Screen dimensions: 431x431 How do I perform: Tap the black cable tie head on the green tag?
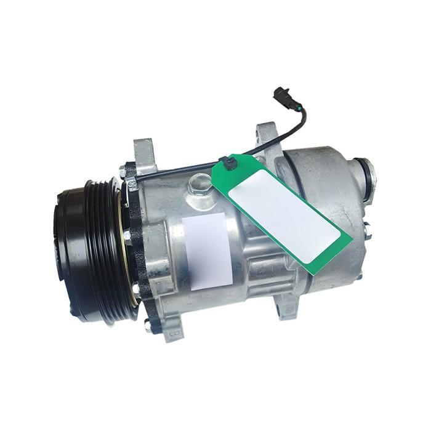[x=230, y=164]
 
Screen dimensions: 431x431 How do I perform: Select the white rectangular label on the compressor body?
[x=207, y=251]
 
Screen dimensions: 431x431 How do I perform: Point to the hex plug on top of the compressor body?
[x=201, y=183]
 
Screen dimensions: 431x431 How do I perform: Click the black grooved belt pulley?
[x=99, y=249]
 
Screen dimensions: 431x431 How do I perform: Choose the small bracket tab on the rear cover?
[x=367, y=230]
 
